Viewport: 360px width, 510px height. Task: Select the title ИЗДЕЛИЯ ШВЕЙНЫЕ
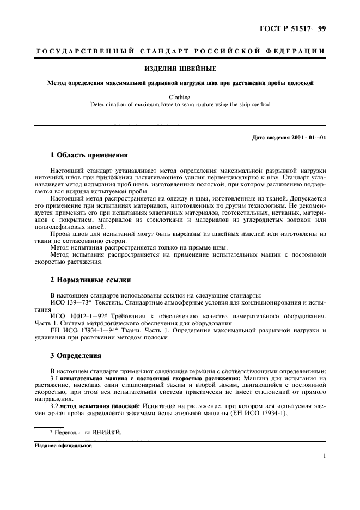[x=180, y=69]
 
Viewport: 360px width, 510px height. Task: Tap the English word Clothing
[x=180, y=98]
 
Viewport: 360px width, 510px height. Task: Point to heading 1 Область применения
[x=89, y=155]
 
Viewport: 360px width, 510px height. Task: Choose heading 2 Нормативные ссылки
[x=90, y=280]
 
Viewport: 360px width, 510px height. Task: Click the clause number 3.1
[x=54, y=378]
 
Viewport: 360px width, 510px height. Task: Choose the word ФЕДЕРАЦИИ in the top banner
[x=297, y=51]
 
